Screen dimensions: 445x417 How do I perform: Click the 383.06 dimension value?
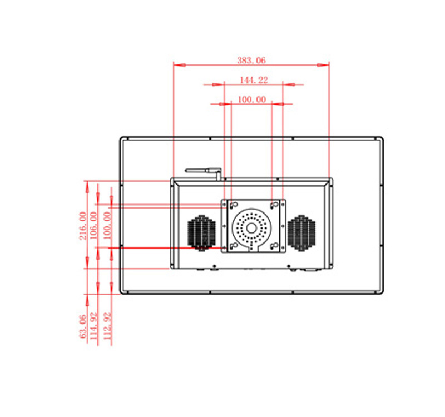251,61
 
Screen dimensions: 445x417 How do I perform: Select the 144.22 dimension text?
254,80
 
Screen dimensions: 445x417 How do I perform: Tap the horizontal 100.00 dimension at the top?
252,100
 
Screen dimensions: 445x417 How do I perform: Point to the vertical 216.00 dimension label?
83,226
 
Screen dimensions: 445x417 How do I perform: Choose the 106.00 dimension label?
93,226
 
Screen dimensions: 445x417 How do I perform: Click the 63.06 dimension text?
82,326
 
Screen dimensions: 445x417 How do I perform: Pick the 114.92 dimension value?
93,326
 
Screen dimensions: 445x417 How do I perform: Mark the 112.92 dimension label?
107,326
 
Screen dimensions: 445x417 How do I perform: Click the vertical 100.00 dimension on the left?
107,226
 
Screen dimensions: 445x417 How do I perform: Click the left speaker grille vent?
201,233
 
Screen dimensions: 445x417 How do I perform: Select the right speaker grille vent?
301,233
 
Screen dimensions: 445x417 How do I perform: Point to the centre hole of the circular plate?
251,228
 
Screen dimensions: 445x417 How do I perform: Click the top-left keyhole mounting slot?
234,205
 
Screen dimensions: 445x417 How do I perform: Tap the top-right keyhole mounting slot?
274,205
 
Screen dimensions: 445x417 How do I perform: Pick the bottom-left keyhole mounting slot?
234,246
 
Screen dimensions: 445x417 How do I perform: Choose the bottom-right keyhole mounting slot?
274,246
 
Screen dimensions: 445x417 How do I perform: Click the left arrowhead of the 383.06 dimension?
179,65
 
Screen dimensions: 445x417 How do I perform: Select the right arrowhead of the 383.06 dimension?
323,65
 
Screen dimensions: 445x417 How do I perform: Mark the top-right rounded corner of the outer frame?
380,140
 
